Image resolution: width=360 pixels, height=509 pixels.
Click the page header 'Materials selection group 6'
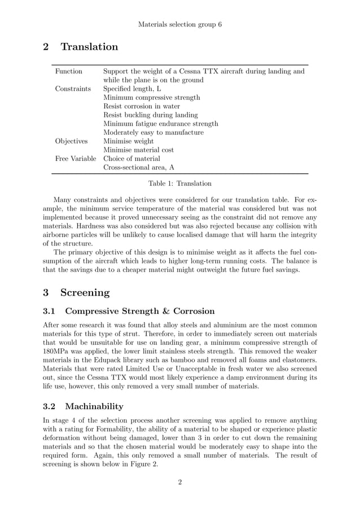tap(180, 25)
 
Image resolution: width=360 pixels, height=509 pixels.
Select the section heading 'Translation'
tap(89, 47)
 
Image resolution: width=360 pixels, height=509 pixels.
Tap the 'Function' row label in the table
tap(68, 72)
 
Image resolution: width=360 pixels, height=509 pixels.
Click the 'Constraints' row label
tap(73, 89)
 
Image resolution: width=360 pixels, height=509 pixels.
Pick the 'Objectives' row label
tap(71, 141)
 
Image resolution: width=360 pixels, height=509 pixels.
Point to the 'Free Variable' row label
tap(76, 159)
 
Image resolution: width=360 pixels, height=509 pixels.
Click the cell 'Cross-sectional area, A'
tap(139, 168)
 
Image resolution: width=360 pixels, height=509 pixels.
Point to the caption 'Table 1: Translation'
tap(180, 183)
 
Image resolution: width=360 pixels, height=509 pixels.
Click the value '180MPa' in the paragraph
tap(57, 351)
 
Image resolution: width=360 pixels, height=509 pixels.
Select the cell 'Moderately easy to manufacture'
tap(153, 133)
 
